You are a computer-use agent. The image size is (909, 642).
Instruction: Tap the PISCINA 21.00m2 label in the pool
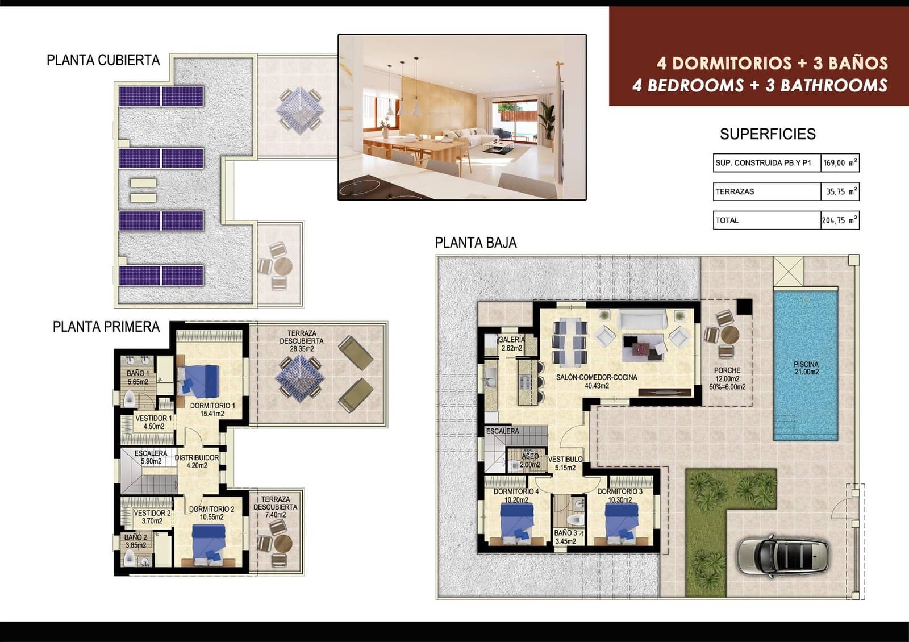point(806,368)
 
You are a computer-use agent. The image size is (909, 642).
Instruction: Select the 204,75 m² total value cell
point(840,220)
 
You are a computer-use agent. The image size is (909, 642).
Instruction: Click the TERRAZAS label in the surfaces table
point(735,191)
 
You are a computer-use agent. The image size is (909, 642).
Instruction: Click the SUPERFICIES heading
point(767,134)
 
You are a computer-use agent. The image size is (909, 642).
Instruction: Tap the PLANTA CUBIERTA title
point(103,60)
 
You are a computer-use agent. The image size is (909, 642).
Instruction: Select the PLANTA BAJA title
point(476,243)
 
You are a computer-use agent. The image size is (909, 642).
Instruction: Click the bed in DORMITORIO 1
point(199,381)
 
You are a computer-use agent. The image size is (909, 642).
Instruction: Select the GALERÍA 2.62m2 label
point(511,344)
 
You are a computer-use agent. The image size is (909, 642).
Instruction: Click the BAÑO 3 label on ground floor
point(566,537)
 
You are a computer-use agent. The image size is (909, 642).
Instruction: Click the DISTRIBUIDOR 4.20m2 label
point(197,461)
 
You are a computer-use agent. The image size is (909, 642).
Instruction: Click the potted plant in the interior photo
point(546,122)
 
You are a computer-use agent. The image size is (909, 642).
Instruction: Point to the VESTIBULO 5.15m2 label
point(565,463)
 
